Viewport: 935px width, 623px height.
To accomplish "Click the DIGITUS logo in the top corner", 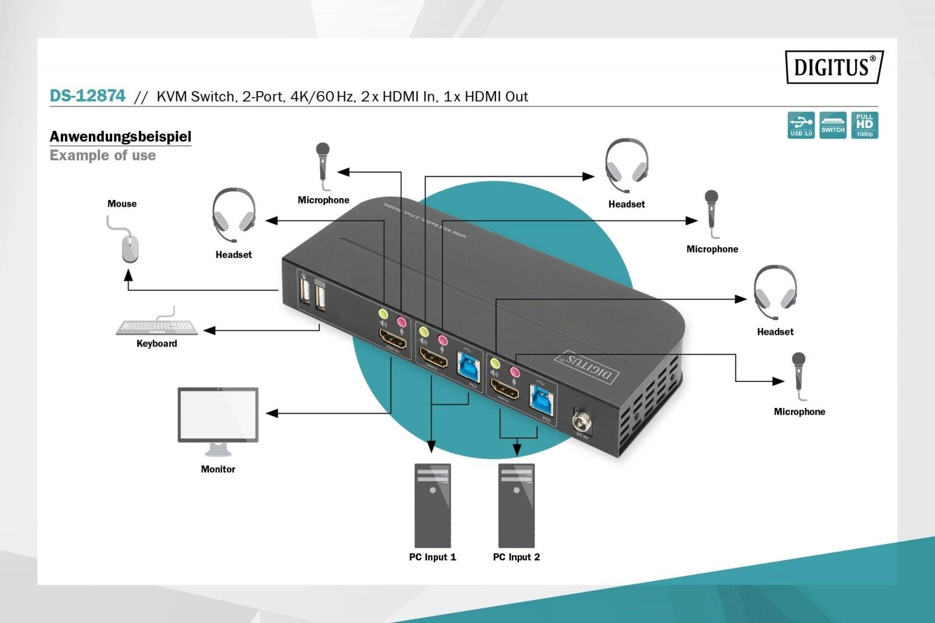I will coord(834,67).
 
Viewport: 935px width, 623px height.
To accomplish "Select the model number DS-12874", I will coord(88,96).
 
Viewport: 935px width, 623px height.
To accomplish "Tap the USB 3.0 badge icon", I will coord(801,125).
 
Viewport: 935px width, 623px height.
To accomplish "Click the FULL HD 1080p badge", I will coord(864,125).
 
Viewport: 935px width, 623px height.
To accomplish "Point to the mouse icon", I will coord(130,248).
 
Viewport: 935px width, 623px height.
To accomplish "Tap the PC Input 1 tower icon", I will coord(432,506).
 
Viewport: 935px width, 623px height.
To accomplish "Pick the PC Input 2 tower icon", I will coord(517,506).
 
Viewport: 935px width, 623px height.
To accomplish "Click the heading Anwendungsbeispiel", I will coord(120,136).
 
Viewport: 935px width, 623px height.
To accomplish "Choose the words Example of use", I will coord(103,155).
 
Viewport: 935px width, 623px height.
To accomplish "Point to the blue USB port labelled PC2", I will coord(541,399).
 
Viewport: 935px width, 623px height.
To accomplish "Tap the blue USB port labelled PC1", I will coord(469,367).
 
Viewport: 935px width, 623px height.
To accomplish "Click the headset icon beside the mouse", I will coord(234,214).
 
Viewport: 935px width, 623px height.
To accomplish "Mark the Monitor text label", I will coord(218,469).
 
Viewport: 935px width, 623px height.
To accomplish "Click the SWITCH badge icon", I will coord(833,125).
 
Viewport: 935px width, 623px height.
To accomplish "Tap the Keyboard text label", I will coord(157,344).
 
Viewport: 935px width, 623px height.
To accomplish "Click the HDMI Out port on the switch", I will coord(393,339).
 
